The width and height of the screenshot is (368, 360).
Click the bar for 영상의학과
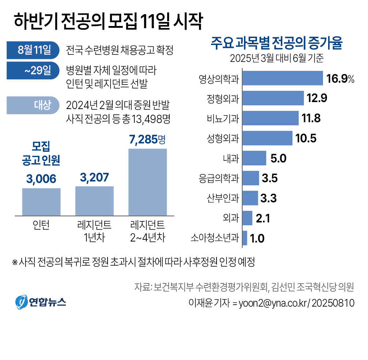tap(282, 78)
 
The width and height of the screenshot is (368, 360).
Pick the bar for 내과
tap(254, 158)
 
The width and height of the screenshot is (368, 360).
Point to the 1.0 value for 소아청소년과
tap(258, 239)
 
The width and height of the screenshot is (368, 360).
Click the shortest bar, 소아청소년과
tap(245, 238)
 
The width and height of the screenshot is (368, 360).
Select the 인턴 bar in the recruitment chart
tap(41, 201)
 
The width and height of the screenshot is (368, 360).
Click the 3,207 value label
tap(94, 178)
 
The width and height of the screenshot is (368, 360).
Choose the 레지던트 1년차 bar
tap(94, 200)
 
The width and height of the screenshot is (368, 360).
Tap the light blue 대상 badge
tap(33, 105)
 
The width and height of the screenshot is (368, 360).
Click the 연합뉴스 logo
tap(40, 301)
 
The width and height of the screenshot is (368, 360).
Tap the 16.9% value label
tap(340, 79)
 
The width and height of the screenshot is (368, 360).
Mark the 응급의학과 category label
tap(219, 179)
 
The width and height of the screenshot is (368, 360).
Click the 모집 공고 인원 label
tap(41, 153)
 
